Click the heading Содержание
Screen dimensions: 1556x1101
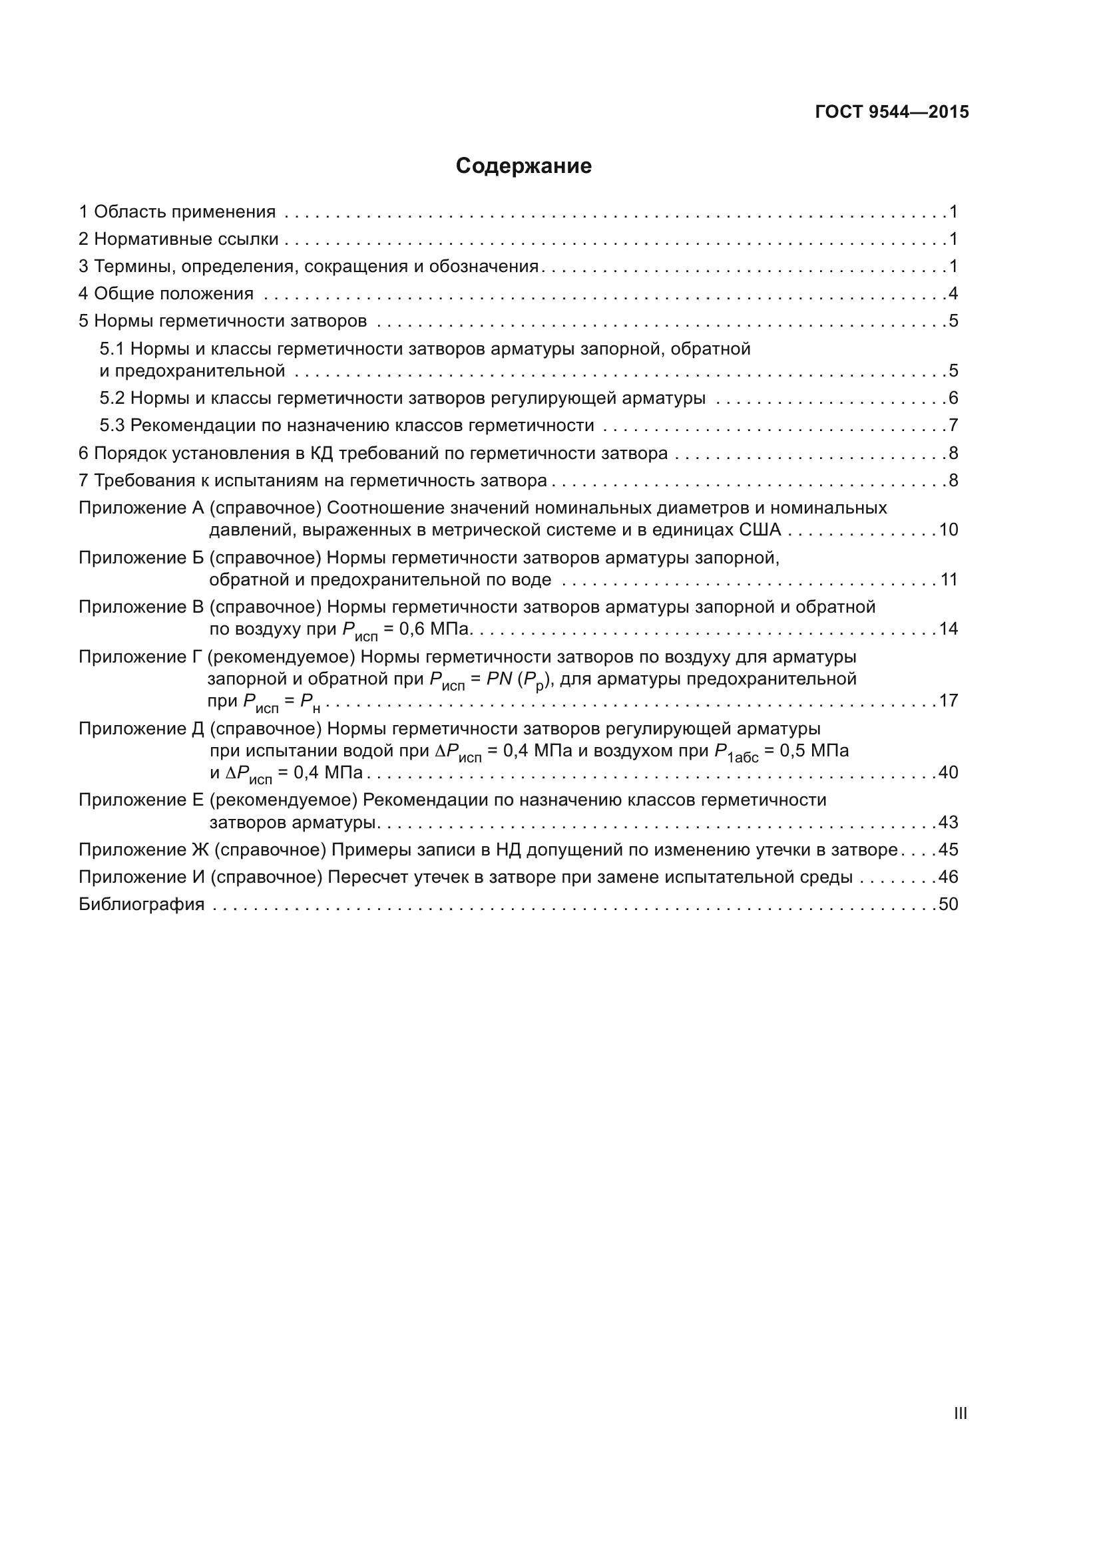[523, 166]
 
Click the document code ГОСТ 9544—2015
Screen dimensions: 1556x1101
[891, 112]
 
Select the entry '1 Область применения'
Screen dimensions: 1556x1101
[177, 212]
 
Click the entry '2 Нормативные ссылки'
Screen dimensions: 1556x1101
[178, 239]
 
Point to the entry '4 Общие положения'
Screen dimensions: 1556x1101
[166, 294]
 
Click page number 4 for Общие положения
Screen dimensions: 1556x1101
[953, 294]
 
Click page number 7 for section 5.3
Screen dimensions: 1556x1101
[953, 426]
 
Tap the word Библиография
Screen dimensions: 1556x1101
[142, 905]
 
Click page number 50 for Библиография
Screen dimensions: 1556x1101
[949, 905]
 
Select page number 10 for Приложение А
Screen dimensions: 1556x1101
[949, 530]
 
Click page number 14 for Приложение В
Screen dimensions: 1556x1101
[949, 629]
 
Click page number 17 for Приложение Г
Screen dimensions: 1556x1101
[949, 700]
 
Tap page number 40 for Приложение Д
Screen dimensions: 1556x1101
[949, 772]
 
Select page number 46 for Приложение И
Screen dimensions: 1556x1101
[949, 877]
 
